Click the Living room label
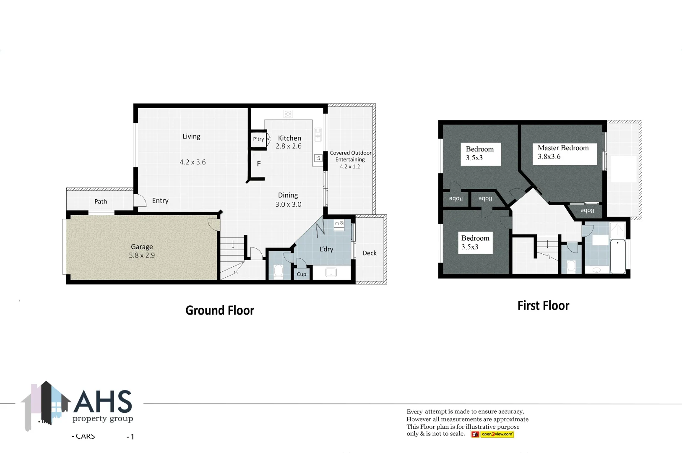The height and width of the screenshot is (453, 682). (191, 136)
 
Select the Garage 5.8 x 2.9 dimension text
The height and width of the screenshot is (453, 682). (142, 255)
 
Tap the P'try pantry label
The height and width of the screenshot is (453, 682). (258, 139)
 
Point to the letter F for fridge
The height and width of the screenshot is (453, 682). (259, 164)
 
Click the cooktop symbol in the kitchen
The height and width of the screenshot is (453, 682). (288, 114)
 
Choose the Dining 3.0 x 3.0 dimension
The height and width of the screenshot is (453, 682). (288, 205)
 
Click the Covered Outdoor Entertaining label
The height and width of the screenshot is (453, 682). (350, 156)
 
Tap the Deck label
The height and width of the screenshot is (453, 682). (370, 253)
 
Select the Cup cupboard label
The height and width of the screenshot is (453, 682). (302, 274)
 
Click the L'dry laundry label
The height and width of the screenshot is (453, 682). (326, 249)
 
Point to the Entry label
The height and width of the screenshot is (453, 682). (160, 201)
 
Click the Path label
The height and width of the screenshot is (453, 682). (101, 201)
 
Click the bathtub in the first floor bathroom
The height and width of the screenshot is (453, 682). (618, 257)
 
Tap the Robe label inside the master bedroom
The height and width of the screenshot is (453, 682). (587, 211)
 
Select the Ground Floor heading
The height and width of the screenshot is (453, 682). (220, 310)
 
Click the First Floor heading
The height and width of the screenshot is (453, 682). (543, 306)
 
